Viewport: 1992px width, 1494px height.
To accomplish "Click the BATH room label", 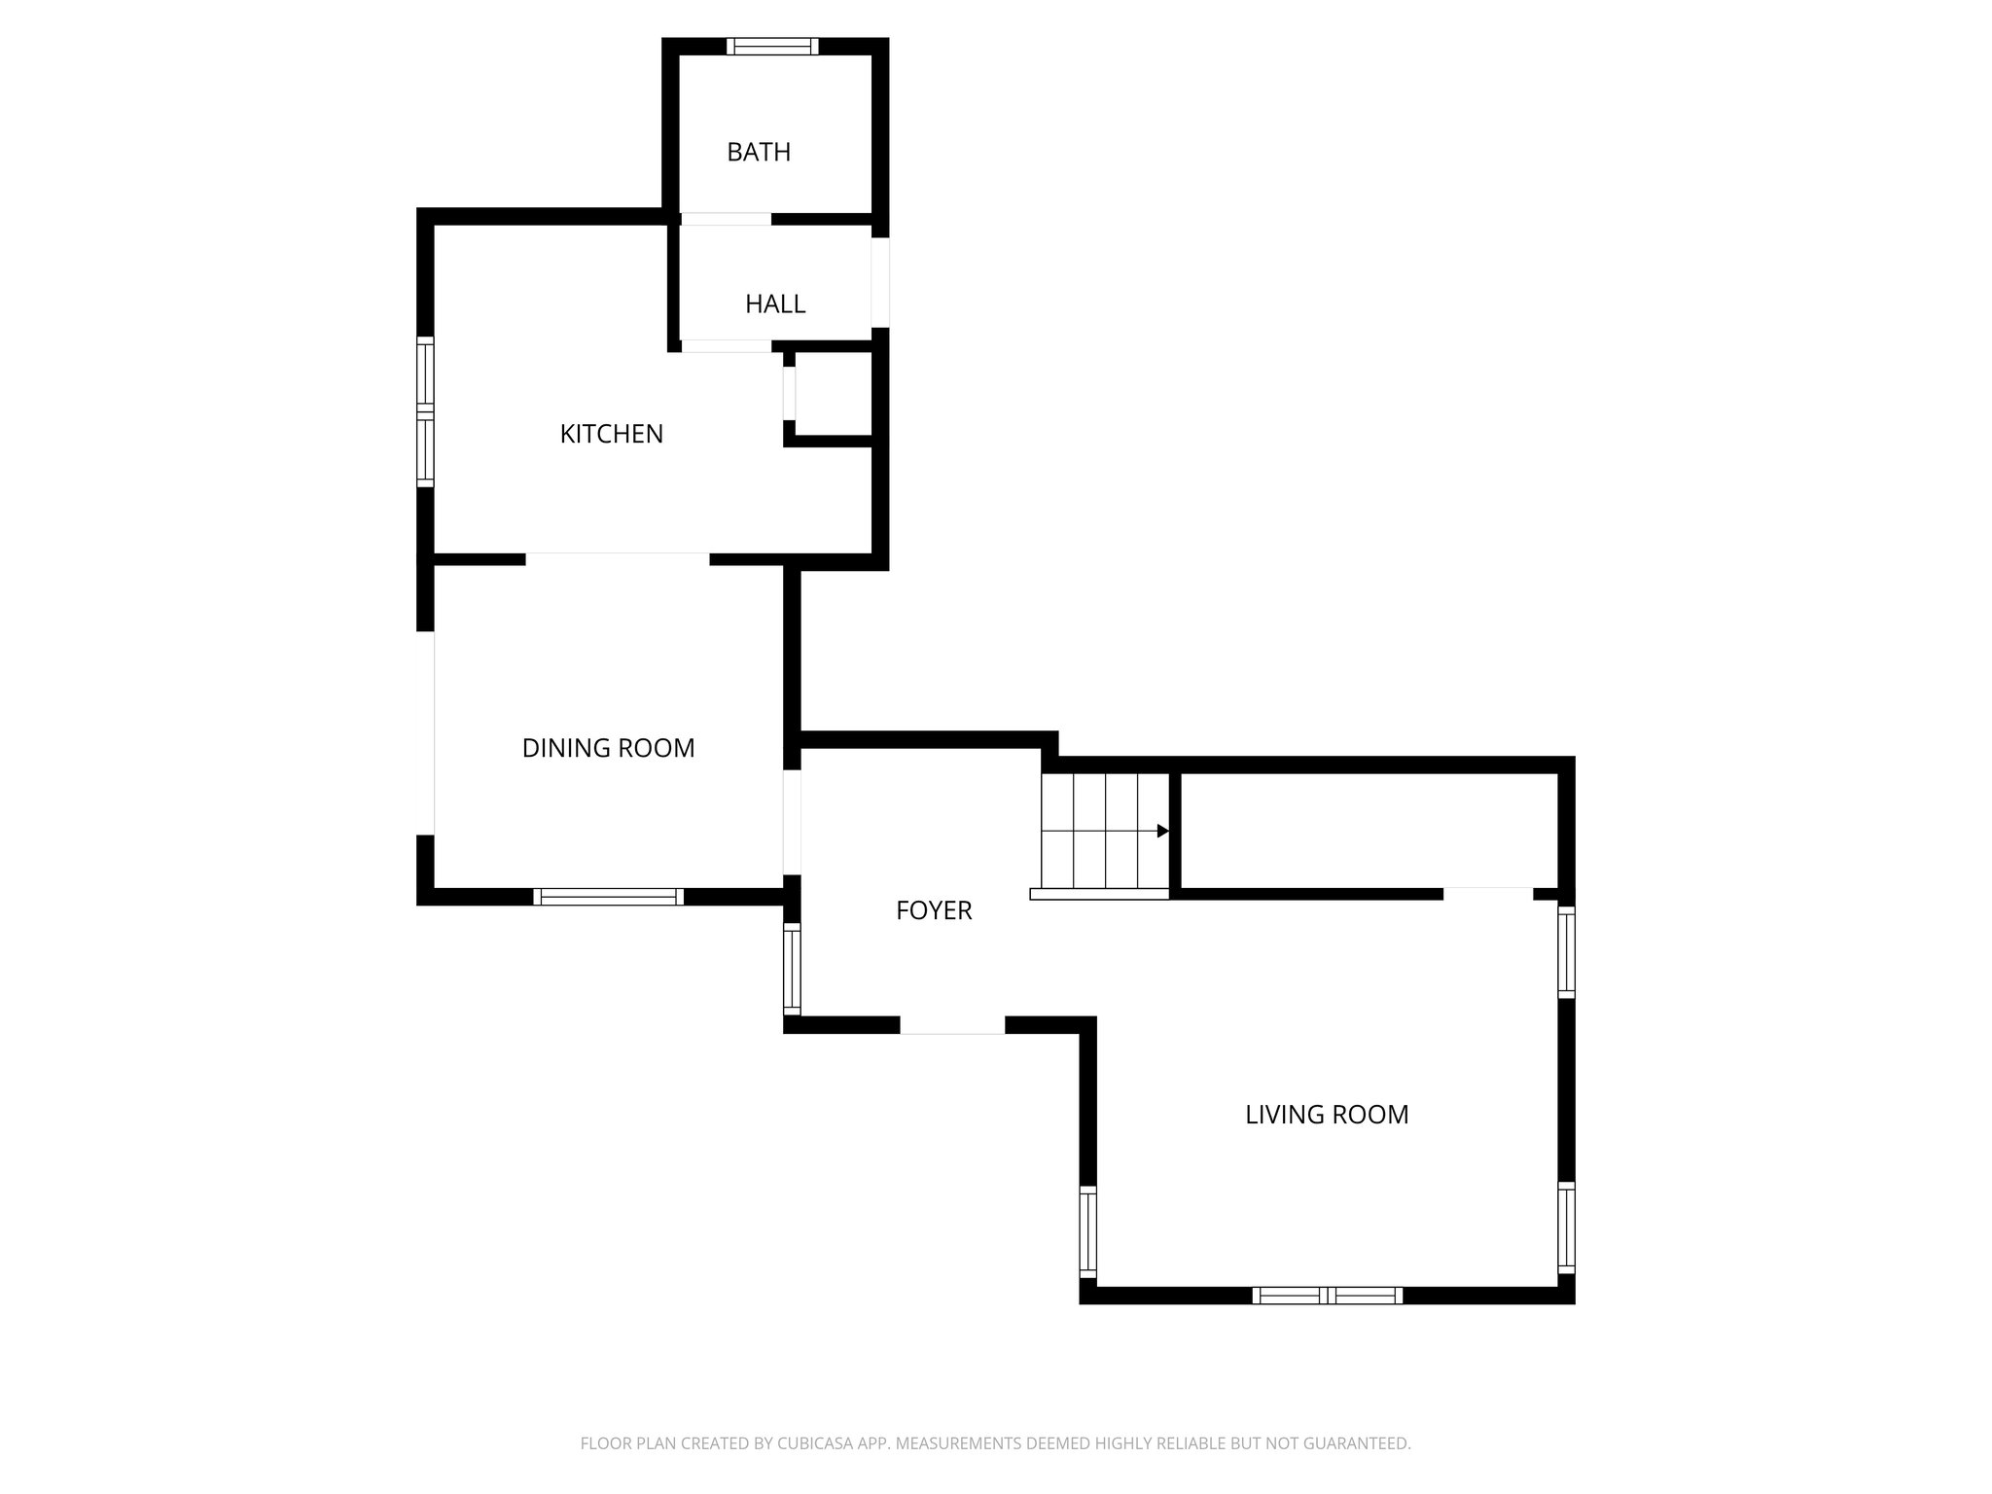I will (x=759, y=152).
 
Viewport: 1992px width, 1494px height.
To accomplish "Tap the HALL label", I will (x=775, y=303).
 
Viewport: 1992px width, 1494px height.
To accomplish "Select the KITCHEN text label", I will (x=611, y=434).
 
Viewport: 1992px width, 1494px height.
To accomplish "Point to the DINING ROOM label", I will (x=608, y=748).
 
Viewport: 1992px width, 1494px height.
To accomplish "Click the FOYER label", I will (x=934, y=910).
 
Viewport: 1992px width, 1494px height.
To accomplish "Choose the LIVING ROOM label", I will (x=1327, y=1115).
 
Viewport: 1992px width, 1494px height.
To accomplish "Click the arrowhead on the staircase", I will (x=1162, y=831).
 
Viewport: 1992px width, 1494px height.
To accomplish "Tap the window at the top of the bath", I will (x=772, y=46).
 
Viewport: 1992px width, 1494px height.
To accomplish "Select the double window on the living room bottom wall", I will (x=1327, y=1295).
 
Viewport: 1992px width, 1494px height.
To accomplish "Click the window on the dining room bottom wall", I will (x=608, y=897).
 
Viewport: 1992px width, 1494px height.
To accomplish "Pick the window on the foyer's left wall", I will (x=792, y=970).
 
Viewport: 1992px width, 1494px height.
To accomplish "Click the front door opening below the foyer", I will (x=951, y=1025).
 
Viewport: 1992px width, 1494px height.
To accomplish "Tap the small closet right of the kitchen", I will (x=833, y=394).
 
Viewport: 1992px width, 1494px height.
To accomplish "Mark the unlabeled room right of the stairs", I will (x=1369, y=831).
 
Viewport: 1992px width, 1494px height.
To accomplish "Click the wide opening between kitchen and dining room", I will (x=618, y=558).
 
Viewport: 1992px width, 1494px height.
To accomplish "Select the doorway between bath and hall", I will (x=726, y=219).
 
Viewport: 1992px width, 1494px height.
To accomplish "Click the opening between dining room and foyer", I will (x=792, y=822).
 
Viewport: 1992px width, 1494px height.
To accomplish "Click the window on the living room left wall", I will (x=1087, y=1231).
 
